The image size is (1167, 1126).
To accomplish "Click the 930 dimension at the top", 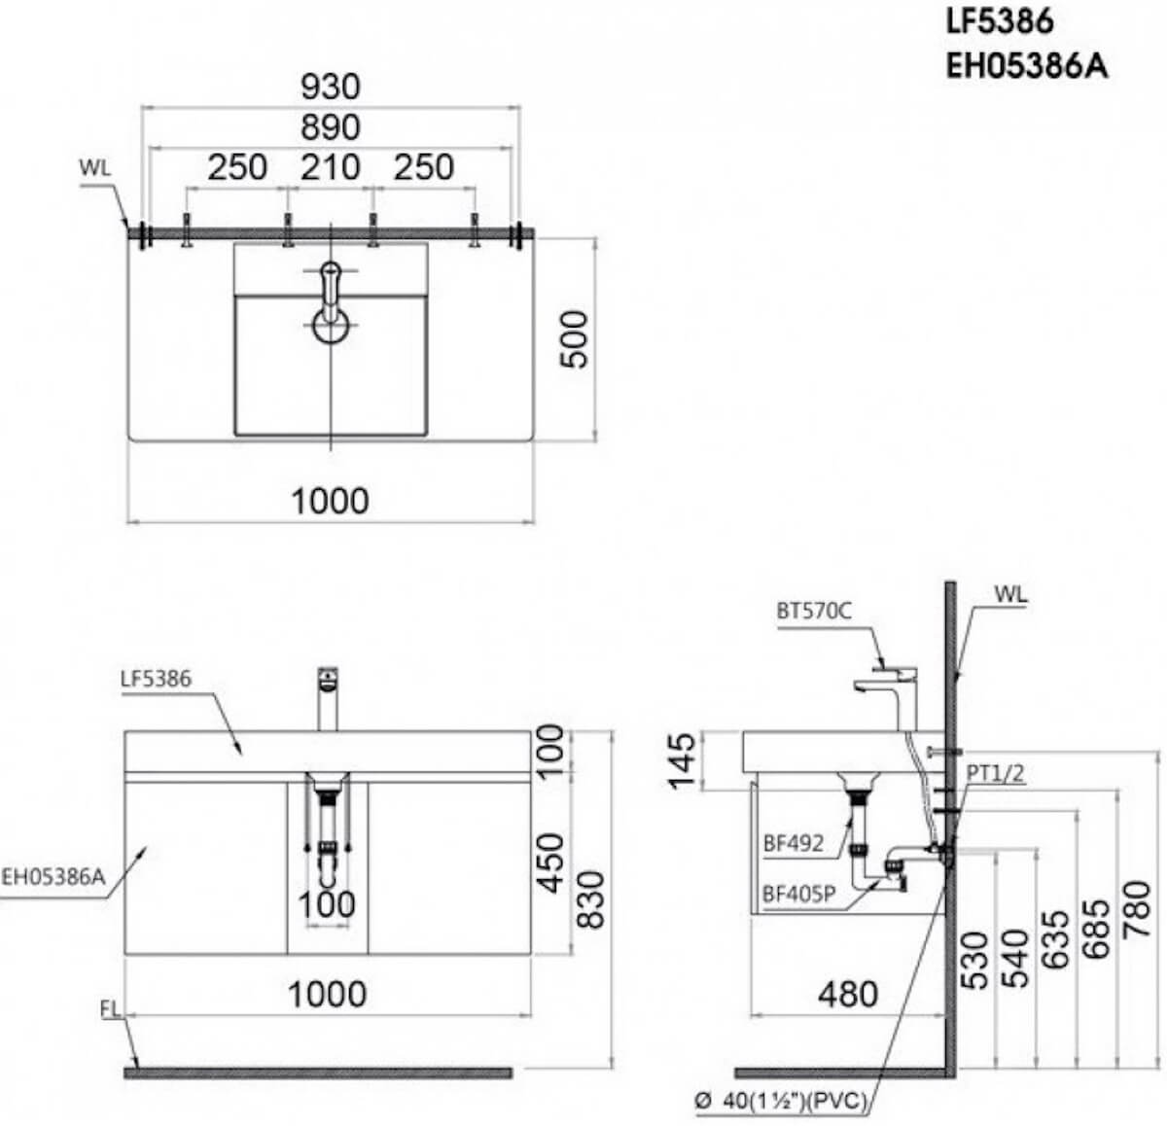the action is coord(331,87).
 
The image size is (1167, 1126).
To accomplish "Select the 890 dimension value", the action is coord(331,127).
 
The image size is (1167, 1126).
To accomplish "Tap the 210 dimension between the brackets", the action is coord(331,167).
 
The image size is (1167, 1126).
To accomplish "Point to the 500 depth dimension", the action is coord(574,338).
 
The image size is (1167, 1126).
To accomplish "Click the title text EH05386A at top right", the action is coord(1027,66).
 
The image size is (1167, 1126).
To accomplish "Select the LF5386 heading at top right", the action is coord(1000,22).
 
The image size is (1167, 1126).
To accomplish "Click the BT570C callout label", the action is coord(814,611).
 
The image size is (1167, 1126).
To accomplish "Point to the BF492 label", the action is coord(793,844).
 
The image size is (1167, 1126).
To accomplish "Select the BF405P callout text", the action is coord(798,894).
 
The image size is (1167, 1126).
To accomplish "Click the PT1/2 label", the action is coord(995,773).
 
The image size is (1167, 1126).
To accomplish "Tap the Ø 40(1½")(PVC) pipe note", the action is coord(781,1101).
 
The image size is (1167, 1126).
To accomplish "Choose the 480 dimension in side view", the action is coord(848,995).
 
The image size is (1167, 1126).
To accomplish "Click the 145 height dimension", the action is coord(683,761).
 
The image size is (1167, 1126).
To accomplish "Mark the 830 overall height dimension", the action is coord(590,899).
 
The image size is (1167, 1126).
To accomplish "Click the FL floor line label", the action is coord(110,1009).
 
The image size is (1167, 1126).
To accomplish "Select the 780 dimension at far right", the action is coord(1137,908).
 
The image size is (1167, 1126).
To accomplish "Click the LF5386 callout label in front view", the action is coord(156,679).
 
